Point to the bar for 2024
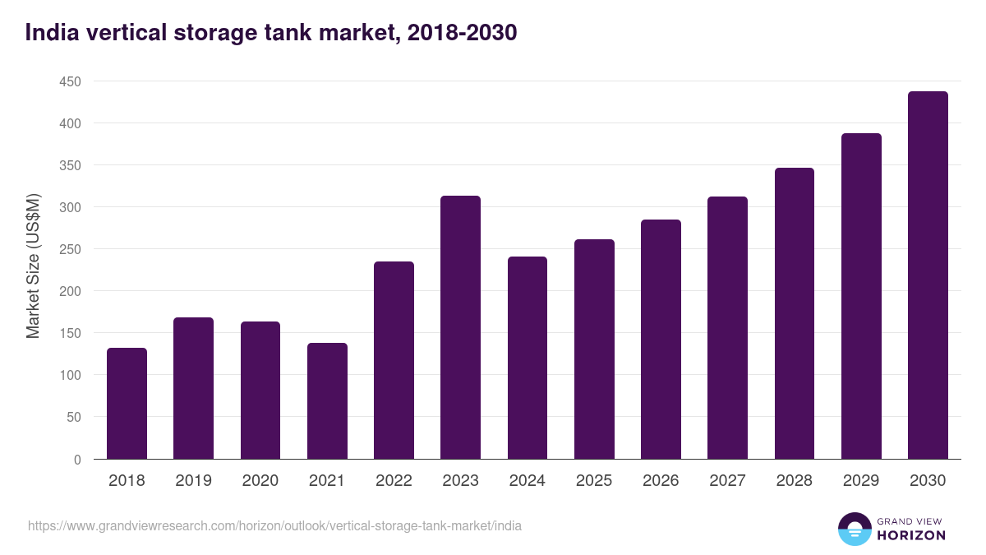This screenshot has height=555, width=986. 528,358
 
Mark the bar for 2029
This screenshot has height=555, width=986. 861,296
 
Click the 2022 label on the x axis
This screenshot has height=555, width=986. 394,481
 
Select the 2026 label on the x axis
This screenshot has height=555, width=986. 661,481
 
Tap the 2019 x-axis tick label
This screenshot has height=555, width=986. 193,481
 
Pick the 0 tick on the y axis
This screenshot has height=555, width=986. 77,460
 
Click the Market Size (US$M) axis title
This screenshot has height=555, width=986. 33,266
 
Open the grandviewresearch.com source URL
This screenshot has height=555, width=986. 274,525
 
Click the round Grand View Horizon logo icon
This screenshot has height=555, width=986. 855,529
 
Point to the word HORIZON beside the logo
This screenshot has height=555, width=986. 912,535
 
